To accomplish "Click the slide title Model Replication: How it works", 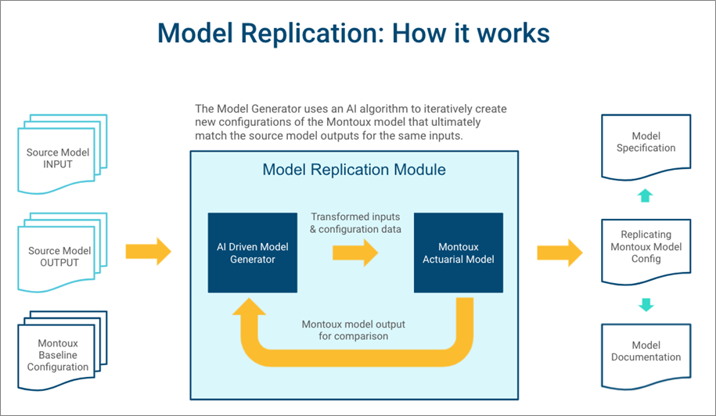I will click(353, 33).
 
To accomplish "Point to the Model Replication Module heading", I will click(354, 170).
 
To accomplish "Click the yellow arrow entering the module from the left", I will click(148, 252).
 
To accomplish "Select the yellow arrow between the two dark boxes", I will click(354, 253).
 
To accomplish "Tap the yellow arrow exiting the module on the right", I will click(559, 252).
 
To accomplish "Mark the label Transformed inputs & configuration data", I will click(356, 223).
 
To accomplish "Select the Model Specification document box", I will click(646, 142).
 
